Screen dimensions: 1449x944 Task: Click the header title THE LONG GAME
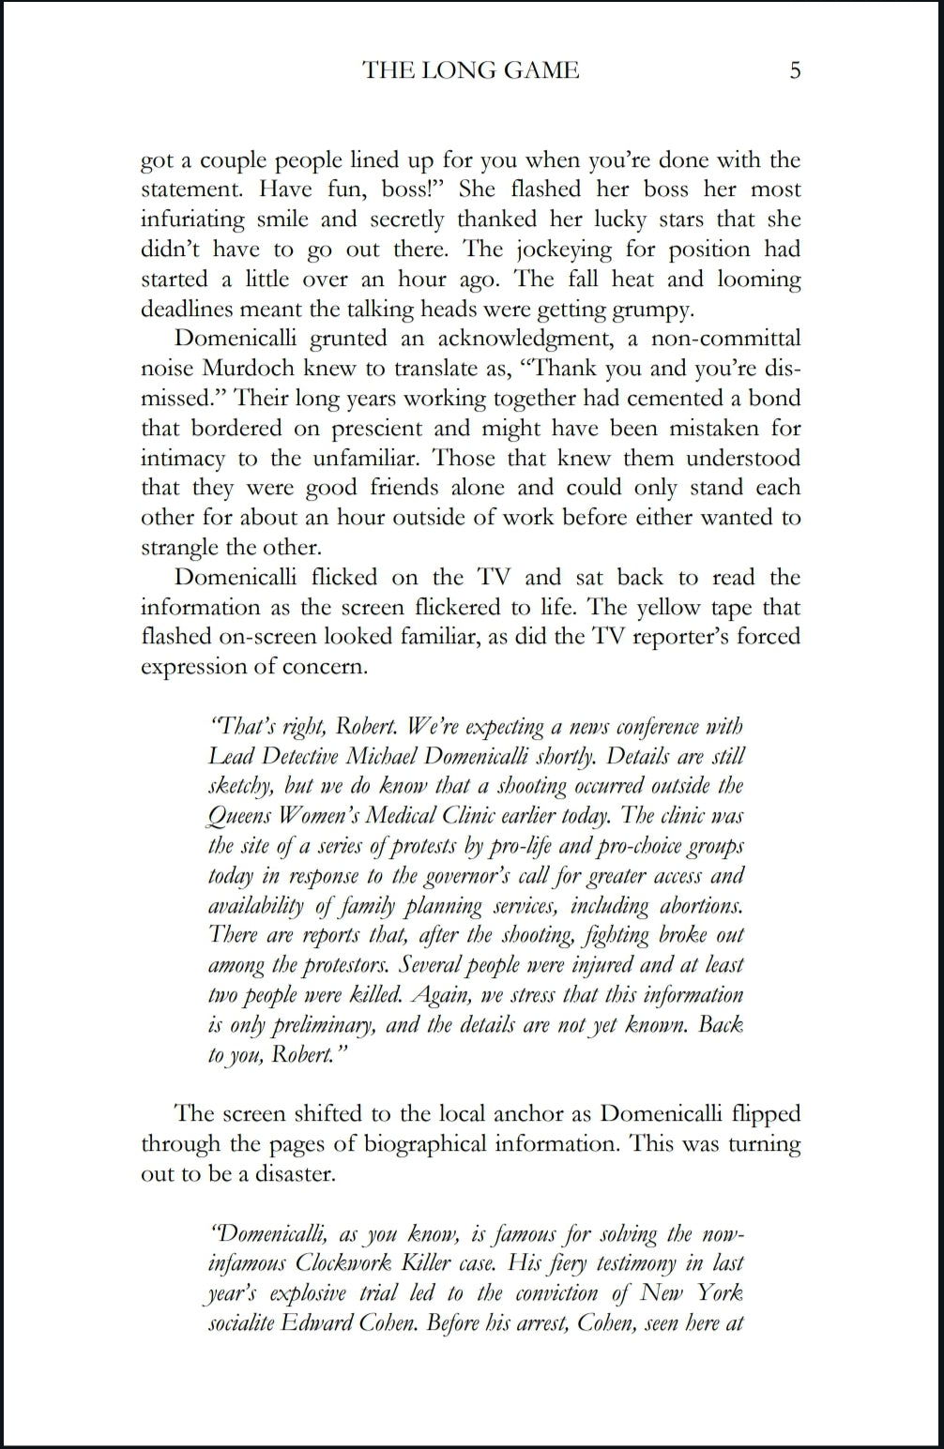(x=471, y=70)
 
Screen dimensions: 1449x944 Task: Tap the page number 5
(x=795, y=70)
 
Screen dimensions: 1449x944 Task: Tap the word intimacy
(x=183, y=459)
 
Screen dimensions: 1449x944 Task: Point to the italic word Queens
(x=239, y=816)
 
